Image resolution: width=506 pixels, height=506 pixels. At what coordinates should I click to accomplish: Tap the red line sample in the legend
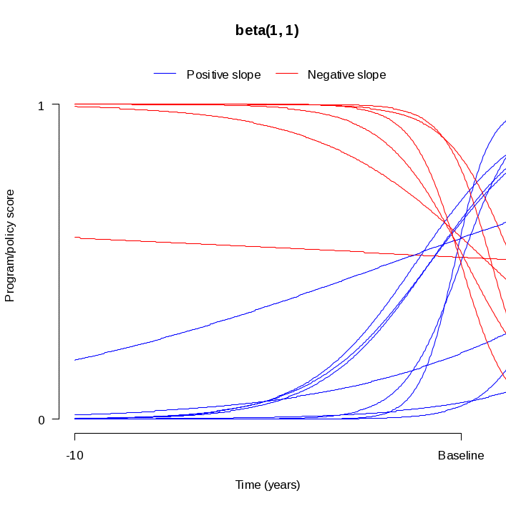(286, 74)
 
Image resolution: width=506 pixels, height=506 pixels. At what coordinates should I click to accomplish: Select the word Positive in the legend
(205, 74)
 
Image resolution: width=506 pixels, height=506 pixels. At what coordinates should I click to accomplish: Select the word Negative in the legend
(329, 74)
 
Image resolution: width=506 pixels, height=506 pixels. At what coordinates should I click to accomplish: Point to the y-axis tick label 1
(41, 105)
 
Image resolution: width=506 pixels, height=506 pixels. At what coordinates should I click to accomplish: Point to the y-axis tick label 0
(41, 420)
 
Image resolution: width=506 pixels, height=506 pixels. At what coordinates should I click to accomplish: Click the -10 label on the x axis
(74, 455)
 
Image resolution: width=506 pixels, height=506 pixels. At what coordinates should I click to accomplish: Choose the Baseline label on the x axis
(461, 455)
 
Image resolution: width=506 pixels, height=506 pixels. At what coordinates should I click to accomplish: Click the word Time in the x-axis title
(248, 485)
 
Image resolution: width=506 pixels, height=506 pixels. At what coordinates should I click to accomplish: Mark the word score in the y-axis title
(10, 205)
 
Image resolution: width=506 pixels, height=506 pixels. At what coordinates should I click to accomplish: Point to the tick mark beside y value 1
(55, 105)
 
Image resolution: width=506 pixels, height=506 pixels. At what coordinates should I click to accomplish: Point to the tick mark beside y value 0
(55, 420)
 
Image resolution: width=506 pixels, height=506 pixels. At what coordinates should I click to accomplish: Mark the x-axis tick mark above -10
(74, 436)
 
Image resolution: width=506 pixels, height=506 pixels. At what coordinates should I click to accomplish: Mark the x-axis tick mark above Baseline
(461, 436)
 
